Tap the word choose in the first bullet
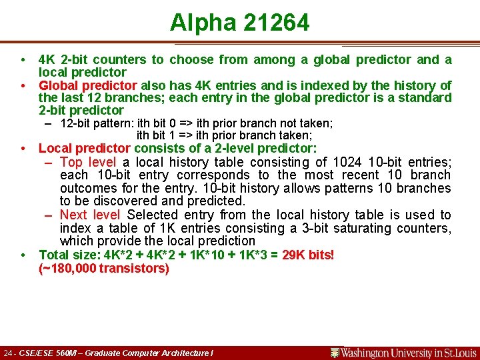(x=190, y=59)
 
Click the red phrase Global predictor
(x=88, y=85)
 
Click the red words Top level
(x=87, y=162)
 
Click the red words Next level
(x=90, y=215)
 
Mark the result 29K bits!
(x=308, y=255)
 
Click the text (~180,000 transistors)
(x=104, y=268)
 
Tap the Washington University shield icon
(x=335, y=353)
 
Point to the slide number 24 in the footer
(x=8, y=353)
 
